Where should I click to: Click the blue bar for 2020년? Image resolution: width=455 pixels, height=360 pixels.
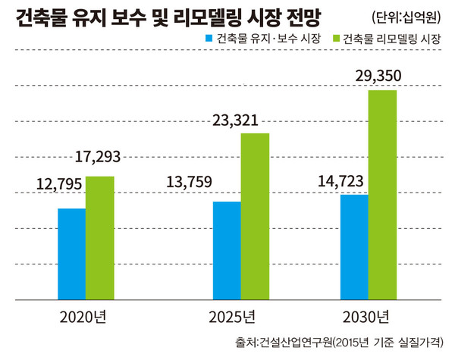point(71,255)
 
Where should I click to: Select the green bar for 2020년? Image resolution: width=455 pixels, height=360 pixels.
point(99,239)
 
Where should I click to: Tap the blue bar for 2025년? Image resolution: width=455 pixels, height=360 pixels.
point(227,252)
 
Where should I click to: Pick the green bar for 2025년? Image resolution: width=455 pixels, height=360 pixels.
point(255,218)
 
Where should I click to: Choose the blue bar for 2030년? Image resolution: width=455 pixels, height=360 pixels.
point(354,248)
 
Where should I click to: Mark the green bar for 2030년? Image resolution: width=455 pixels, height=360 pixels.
point(382,196)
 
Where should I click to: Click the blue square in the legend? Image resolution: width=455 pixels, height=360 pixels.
point(209,39)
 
